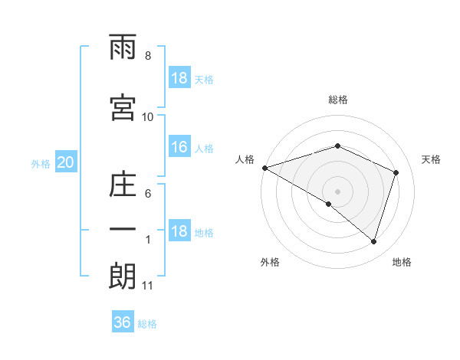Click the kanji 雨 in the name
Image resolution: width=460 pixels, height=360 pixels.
pyautogui.click(x=123, y=49)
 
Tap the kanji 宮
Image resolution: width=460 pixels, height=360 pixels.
pyautogui.click(x=123, y=107)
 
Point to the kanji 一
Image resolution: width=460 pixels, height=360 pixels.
pyautogui.click(x=123, y=229)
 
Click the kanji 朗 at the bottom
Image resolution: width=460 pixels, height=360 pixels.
pyautogui.click(x=123, y=277)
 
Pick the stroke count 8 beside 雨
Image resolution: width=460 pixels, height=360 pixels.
pyautogui.click(x=148, y=56)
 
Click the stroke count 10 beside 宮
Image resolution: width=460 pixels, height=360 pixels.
pyautogui.click(x=148, y=116)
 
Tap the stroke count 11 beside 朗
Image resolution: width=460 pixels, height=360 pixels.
pyautogui.click(x=148, y=286)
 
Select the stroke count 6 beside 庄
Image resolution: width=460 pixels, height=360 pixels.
pyautogui.click(x=148, y=194)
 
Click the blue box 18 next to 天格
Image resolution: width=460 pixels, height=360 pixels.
pyautogui.click(x=179, y=79)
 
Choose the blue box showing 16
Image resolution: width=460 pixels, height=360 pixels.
pyautogui.click(x=179, y=148)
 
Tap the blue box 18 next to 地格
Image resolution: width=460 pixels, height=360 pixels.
pyautogui.click(x=179, y=232)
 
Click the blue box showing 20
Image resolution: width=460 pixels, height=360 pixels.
pyautogui.click(x=66, y=162)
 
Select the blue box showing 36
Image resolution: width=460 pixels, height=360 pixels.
pyautogui.click(x=123, y=322)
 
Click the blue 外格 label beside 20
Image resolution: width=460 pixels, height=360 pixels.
pyautogui.click(x=41, y=163)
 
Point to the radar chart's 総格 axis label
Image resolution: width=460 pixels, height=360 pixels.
pyautogui.click(x=338, y=100)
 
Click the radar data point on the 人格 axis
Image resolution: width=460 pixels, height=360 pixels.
pyautogui.click(x=264, y=168)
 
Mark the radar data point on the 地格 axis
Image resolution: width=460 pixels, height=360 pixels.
pyautogui.click(x=373, y=242)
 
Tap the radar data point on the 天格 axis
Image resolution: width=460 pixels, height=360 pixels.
pyautogui.click(x=396, y=172)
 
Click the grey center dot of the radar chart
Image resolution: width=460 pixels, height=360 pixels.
pyautogui.click(x=338, y=191)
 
